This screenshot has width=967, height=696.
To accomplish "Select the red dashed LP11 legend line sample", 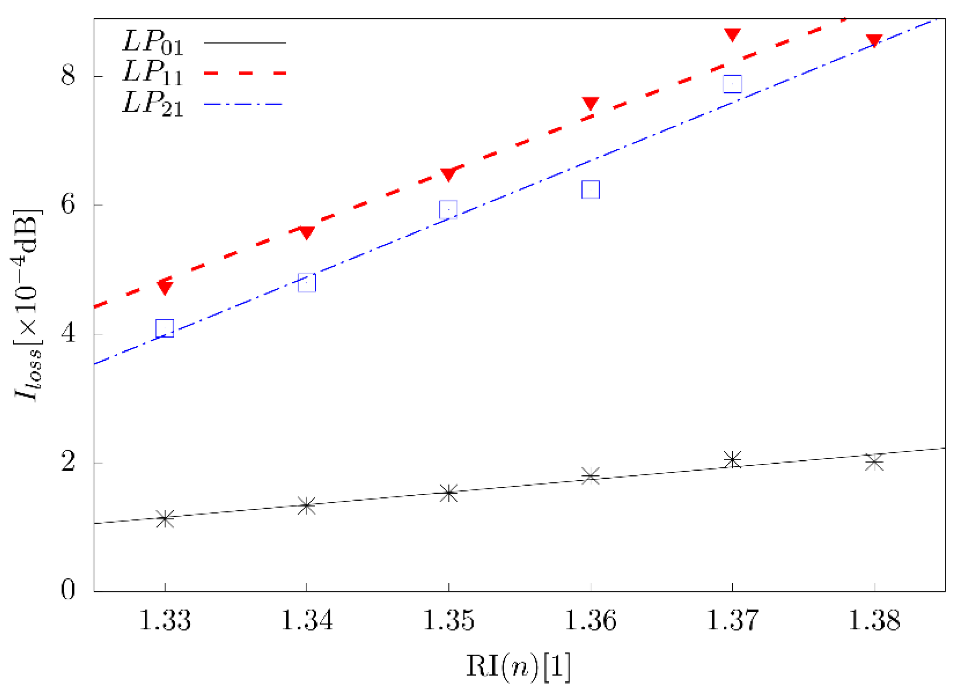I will click(245, 73).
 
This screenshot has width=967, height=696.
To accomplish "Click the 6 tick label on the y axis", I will click(68, 205).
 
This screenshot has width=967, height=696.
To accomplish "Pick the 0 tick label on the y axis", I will click(68, 591).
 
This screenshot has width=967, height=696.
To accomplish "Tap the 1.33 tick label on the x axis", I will click(165, 621).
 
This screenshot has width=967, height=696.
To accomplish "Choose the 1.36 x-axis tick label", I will click(590, 621).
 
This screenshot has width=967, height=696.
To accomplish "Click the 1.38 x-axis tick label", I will click(874, 621).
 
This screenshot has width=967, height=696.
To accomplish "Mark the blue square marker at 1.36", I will click(590, 189).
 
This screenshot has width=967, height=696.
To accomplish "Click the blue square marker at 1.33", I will click(165, 328).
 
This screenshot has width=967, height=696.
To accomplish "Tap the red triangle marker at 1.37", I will click(733, 35).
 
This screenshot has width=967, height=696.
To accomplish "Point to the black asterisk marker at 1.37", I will click(733, 460).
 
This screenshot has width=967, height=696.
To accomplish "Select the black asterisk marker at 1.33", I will click(165, 519).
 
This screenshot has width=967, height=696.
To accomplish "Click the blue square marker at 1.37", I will click(733, 83).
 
